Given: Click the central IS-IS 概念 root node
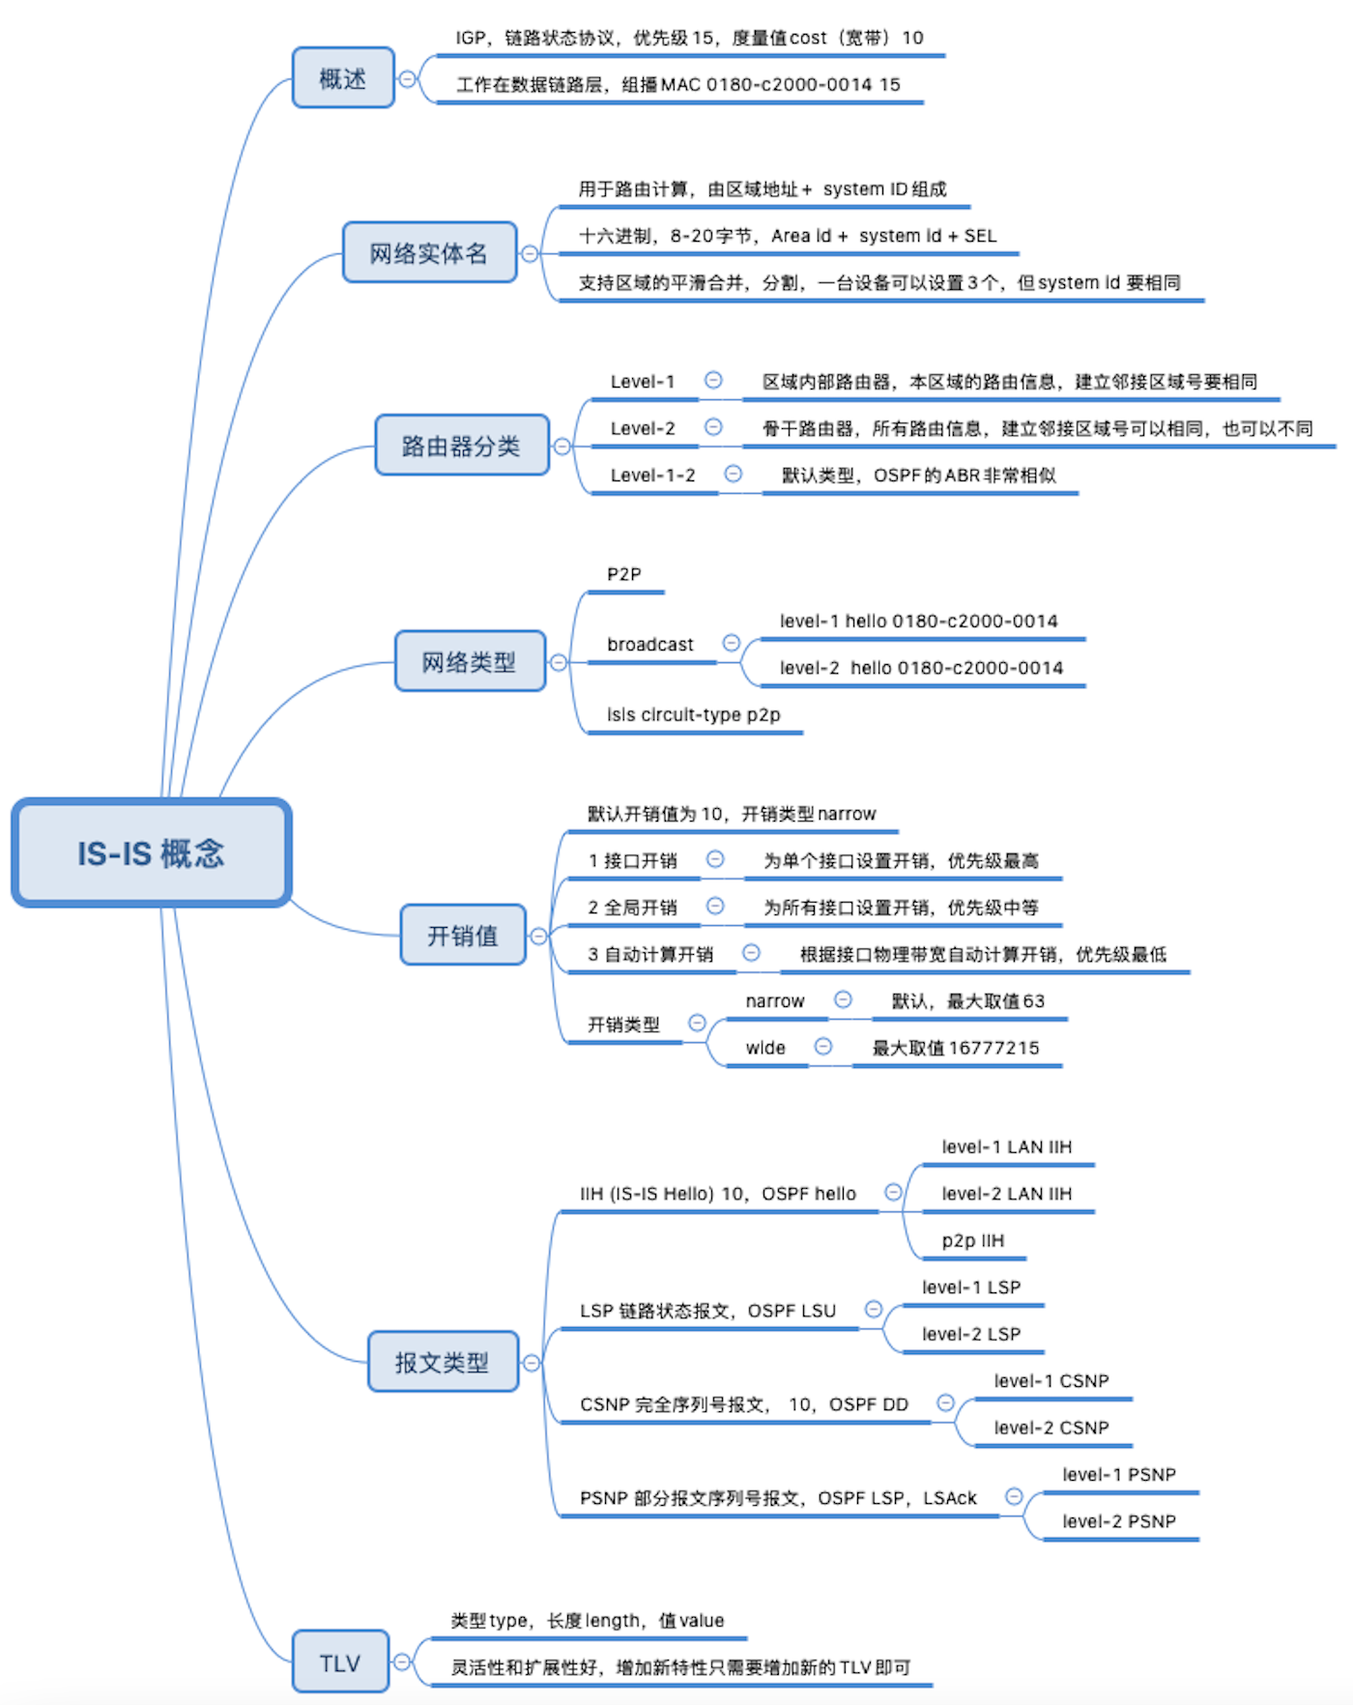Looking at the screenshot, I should pos(152,853).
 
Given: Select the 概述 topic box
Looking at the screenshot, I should pos(343,78).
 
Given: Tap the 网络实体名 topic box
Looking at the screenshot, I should pos(429,253).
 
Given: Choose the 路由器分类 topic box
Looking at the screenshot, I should pos(461,446).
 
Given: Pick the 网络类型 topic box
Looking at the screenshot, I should pos(470,662).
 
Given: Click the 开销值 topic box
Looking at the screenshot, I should pos(463,936).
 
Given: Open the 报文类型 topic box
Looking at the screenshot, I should pos(443,1363).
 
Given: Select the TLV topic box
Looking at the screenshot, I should pos(340,1662).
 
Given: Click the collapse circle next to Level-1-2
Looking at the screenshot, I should pos(734,474).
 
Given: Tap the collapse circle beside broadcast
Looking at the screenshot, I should pos(732,643).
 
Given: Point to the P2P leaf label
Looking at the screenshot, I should pos(624,574).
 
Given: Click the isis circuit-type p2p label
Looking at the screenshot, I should pos(694,715).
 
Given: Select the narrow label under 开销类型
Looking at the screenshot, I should pos(775,1001).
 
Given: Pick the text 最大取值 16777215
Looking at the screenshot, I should pos(956,1049).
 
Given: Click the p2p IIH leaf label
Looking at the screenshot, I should pos(973,1241).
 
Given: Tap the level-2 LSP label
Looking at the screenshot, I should pos(971,1335).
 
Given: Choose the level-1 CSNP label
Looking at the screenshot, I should pos(1051,1381).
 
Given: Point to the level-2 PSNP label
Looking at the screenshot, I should pos(1119,1521).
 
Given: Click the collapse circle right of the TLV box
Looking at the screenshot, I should pos(402,1662).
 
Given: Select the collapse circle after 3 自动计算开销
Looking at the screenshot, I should pos(751,953).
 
